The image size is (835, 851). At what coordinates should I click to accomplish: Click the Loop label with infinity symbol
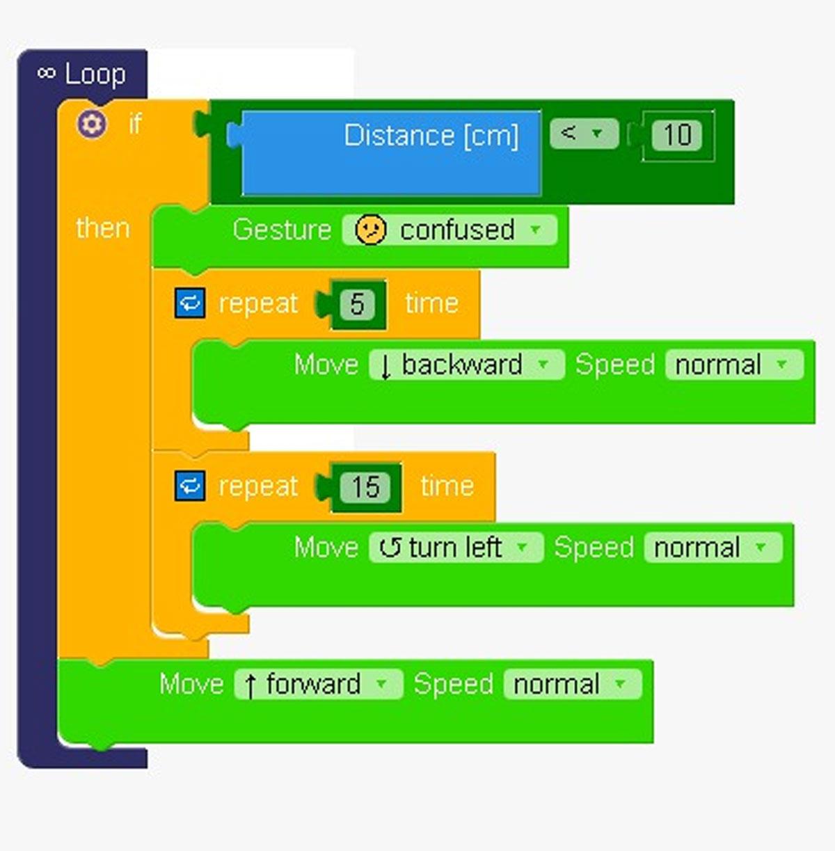pyautogui.click(x=81, y=74)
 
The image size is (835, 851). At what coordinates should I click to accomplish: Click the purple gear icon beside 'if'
pyautogui.click(x=92, y=125)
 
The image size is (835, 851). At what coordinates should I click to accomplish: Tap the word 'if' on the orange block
pyautogui.click(x=135, y=125)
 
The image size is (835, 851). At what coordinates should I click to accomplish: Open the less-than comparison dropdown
pyautogui.click(x=584, y=134)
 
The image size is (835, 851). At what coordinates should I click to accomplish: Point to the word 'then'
pyautogui.click(x=103, y=228)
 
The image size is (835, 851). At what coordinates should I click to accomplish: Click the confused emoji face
pyautogui.click(x=370, y=230)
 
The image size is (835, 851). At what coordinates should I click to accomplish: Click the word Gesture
pyautogui.click(x=282, y=230)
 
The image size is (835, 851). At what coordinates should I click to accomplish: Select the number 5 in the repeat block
pyautogui.click(x=357, y=304)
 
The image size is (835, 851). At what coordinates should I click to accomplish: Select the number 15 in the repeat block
pyautogui.click(x=365, y=487)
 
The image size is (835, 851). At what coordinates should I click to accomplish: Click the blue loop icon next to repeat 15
pyautogui.click(x=190, y=486)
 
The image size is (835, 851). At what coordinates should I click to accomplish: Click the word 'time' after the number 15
pyautogui.click(x=447, y=486)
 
